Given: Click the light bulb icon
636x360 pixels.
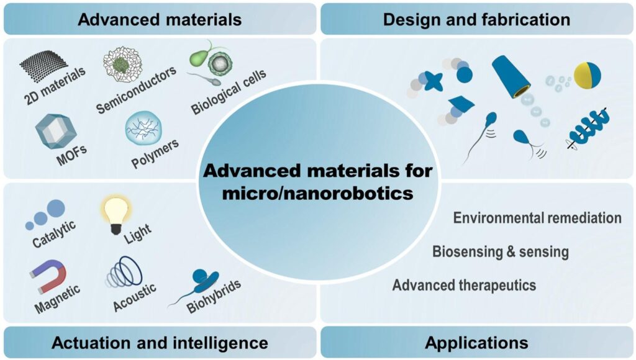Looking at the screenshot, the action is click(x=116, y=215).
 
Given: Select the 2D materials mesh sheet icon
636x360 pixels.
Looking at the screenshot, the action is click(x=44, y=66).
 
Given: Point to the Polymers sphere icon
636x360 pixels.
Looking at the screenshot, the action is click(x=143, y=128).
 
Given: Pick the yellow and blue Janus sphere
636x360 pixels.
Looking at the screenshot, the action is click(x=588, y=75).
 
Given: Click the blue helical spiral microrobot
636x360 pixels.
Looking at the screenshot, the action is click(x=589, y=129).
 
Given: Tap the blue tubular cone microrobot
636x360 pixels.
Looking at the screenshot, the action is click(x=511, y=76).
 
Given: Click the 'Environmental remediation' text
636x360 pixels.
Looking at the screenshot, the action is click(x=537, y=218).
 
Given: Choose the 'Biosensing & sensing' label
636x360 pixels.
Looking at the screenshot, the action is click(x=501, y=252).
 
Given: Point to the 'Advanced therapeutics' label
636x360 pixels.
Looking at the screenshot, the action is click(x=464, y=286).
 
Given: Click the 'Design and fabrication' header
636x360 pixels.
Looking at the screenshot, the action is click(x=476, y=19).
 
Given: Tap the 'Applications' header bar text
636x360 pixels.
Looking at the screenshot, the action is click(x=476, y=343).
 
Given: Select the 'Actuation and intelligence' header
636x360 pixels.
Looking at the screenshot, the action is click(x=160, y=343).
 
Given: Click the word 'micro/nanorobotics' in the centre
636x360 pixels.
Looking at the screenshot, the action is click(x=317, y=193).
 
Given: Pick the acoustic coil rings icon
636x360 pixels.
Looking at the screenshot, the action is click(x=124, y=272).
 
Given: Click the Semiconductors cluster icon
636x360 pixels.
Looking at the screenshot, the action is click(x=122, y=64).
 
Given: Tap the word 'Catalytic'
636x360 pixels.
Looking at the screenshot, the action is click(x=54, y=235).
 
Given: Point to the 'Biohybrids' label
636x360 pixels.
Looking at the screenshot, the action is click(x=214, y=297).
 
